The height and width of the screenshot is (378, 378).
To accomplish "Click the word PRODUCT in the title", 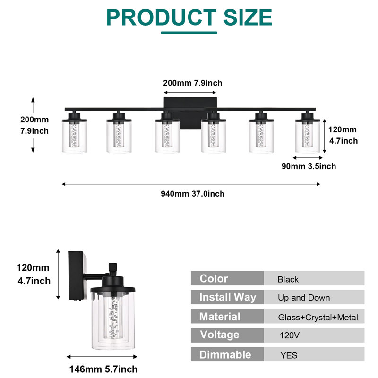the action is [162, 17].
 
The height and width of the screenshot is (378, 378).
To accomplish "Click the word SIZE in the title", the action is [248, 17].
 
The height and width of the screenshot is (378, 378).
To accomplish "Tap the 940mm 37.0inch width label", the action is [193, 194].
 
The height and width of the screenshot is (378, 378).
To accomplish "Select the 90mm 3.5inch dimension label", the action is [309, 166].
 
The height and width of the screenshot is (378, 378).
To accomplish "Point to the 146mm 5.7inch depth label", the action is [103, 369].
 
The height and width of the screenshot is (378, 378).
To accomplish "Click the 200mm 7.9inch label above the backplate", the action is [193, 83].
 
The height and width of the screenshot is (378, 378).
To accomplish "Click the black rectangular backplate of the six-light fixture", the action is [190, 113].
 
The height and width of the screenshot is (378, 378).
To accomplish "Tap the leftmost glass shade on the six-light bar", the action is [74, 136].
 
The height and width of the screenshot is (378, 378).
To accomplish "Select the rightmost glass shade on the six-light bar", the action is [308, 136].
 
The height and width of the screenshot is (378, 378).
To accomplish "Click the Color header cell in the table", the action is [227, 278].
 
